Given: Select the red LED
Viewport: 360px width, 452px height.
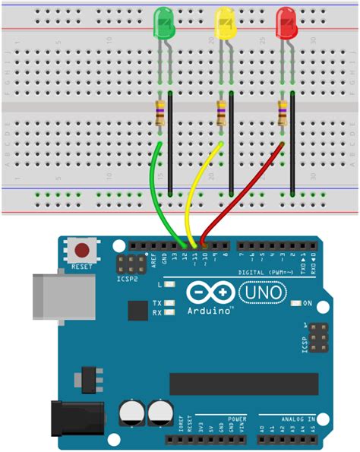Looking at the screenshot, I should pyautogui.click(x=286, y=23).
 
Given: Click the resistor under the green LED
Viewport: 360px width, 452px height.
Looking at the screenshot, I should pyautogui.click(x=159, y=113).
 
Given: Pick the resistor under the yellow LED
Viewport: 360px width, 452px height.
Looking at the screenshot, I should pyautogui.click(x=221, y=113).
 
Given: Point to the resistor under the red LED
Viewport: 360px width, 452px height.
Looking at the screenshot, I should pyautogui.click(x=282, y=113).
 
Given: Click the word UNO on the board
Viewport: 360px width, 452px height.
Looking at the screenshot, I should pyautogui.click(x=262, y=292).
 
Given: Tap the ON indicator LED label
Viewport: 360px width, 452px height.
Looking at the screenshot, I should pyautogui.click(x=308, y=303).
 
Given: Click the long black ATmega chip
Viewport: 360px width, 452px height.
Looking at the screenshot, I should pyautogui.click(x=243, y=384).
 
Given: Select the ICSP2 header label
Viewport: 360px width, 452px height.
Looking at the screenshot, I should pyautogui.click(x=127, y=280).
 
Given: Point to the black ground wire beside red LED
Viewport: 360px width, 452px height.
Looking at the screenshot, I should pyautogui.click(x=292, y=144).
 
